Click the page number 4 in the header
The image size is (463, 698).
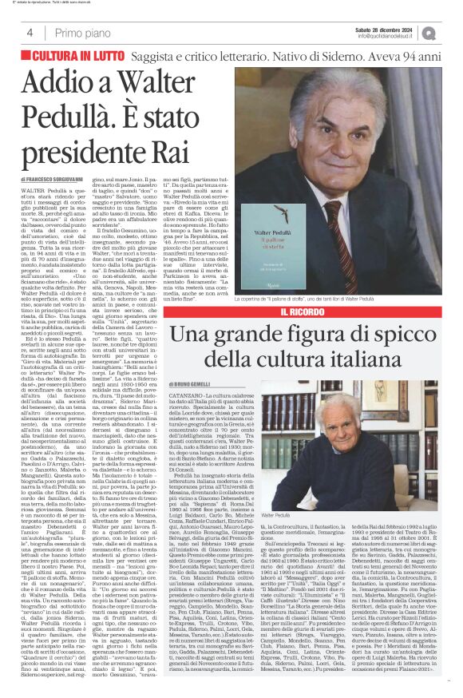pos(30,33)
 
